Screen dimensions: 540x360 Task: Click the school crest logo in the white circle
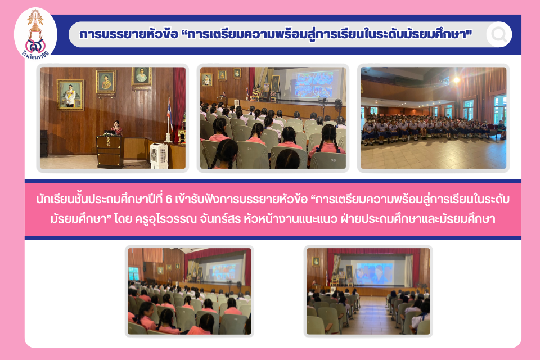click(35, 34)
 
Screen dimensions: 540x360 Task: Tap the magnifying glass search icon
click(499, 34)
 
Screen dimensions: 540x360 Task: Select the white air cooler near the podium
click(159, 155)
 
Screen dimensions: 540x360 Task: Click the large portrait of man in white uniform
click(70, 94)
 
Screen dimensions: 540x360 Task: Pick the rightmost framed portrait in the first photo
click(142, 76)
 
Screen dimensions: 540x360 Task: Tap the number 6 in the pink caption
click(168, 200)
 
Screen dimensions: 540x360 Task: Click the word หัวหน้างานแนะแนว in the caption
click(290, 218)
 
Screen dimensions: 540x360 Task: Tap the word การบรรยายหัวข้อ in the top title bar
click(129, 34)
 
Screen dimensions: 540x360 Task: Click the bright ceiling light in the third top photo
click(457, 80)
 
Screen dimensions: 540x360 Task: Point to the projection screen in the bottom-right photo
click(374, 273)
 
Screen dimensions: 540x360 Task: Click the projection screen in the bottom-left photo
click(223, 272)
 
